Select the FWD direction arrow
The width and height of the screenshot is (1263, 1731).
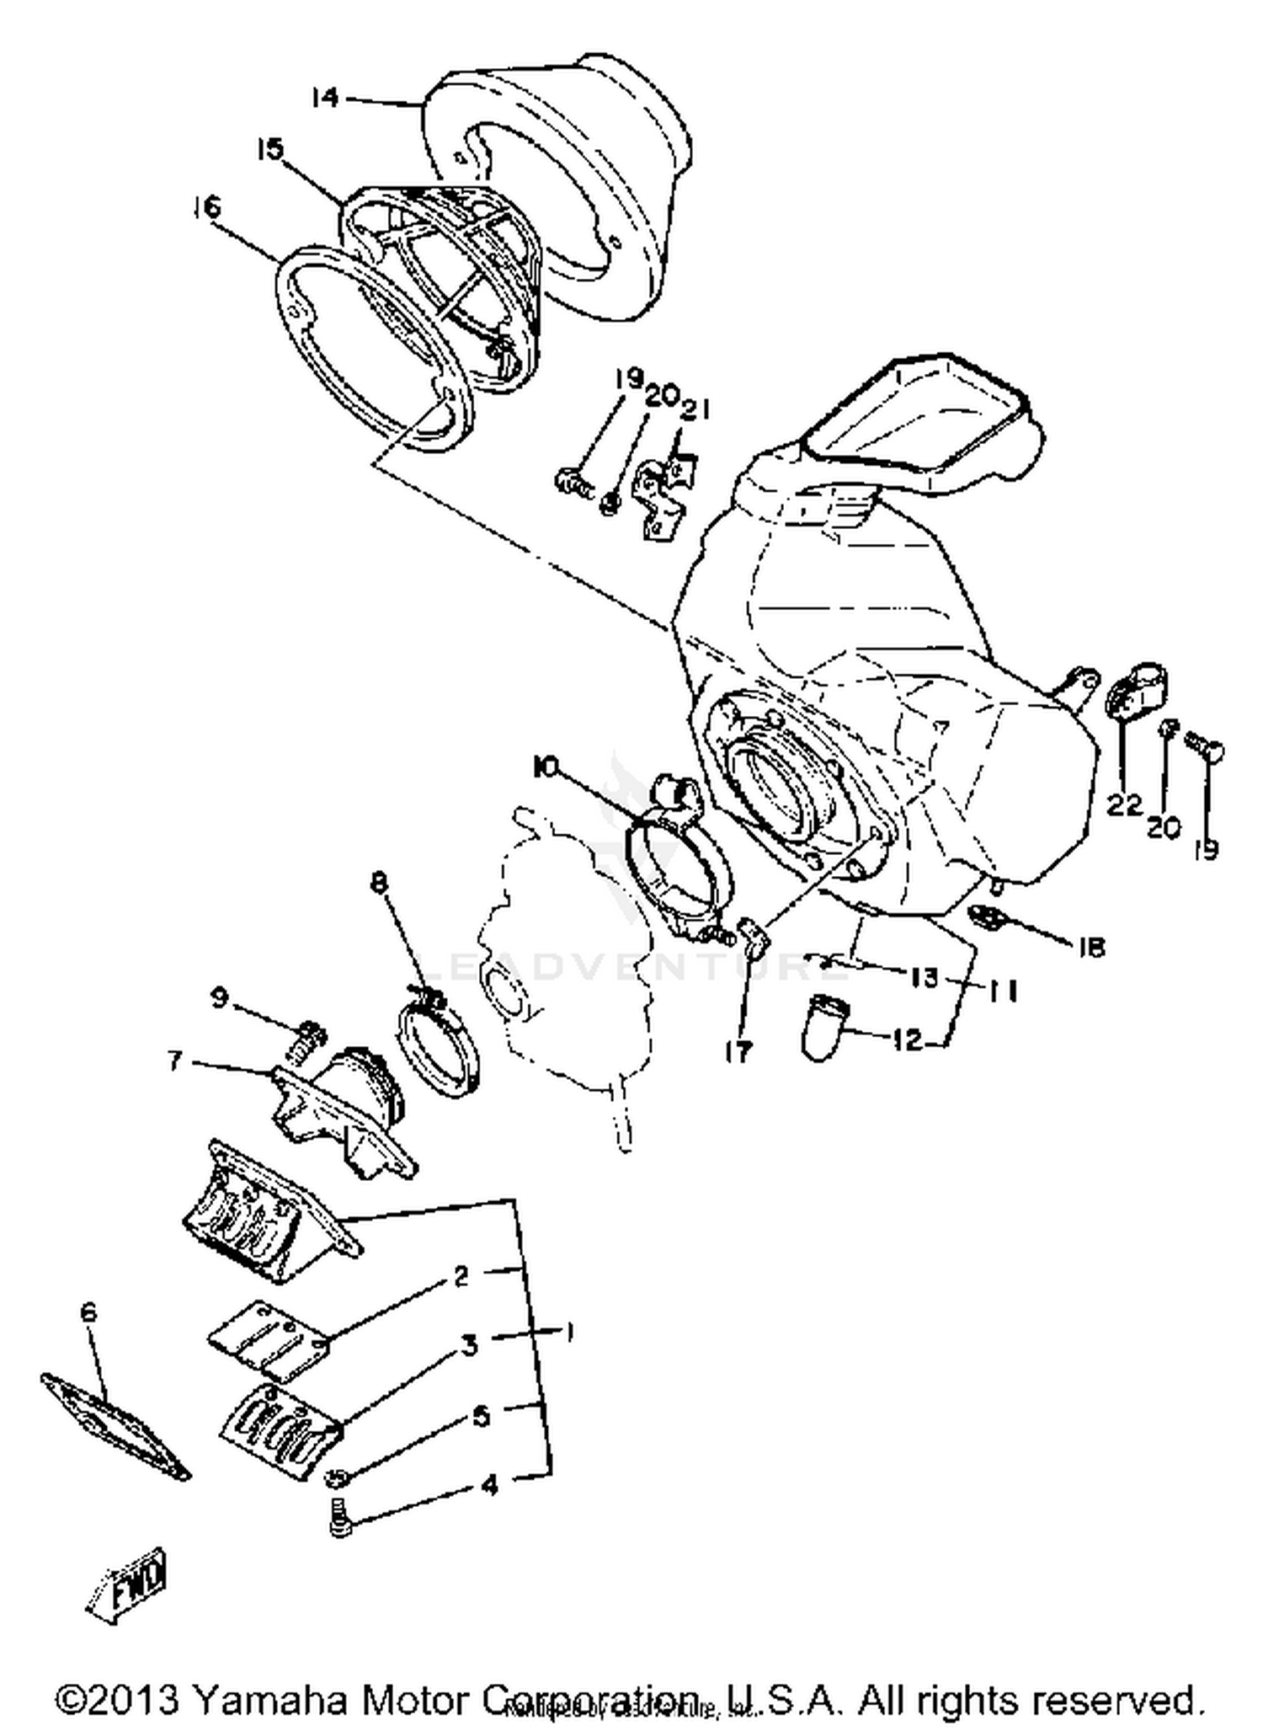(x=131, y=1584)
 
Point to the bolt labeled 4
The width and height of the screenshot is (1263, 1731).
(x=339, y=1526)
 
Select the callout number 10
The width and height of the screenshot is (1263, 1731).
(x=546, y=767)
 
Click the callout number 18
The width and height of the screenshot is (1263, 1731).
(x=1091, y=948)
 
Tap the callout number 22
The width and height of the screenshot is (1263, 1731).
(x=1123, y=804)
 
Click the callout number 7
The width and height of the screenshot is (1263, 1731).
(x=175, y=1061)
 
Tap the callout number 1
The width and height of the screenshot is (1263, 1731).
(x=571, y=1333)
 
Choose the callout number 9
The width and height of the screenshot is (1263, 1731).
(x=219, y=998)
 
